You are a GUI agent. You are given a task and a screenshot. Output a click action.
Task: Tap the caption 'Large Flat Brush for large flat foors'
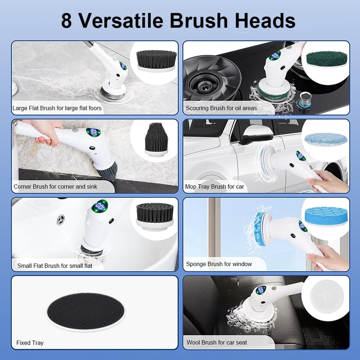[57, 108]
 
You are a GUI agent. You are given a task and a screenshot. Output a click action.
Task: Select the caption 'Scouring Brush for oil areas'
[221, 108]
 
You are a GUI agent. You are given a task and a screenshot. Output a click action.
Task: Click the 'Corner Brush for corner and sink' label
[55, 186]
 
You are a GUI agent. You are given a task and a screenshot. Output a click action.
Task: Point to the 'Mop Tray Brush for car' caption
[215, 186]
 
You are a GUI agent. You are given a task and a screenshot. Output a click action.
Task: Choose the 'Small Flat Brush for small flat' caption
[54, 265]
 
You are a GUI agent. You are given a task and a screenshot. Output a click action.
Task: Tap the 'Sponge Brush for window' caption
[219, 264]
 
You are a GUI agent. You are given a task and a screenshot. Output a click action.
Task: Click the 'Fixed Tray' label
[30, 343]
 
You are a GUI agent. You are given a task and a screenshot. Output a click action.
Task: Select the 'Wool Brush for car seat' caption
[216, 343]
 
